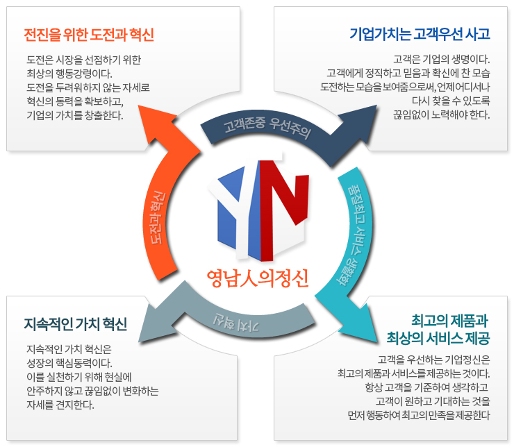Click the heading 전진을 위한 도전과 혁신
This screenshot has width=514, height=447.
(89, 35)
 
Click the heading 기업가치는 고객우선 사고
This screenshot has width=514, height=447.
(420, 34)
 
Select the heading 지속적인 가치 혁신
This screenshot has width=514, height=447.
(76, 323)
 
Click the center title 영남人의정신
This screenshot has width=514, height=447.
(257, 277)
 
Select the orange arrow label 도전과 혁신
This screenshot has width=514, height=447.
(161, 215)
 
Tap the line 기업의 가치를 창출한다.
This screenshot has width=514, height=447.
(75, 115)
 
